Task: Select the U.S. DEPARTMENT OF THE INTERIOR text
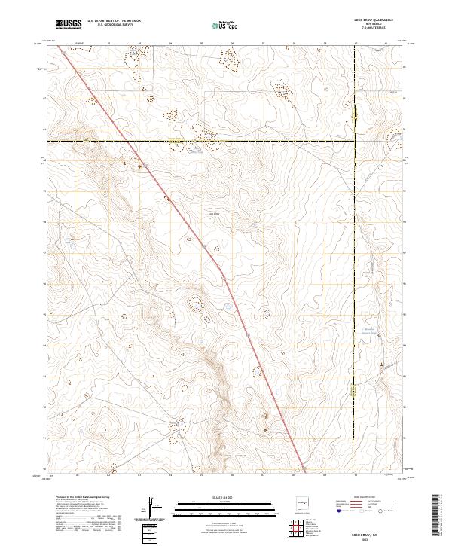(x=114, y=21)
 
